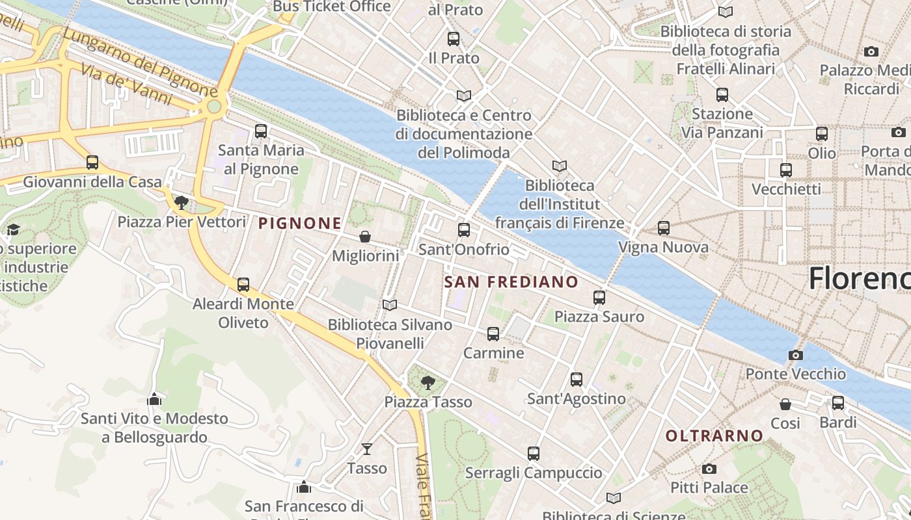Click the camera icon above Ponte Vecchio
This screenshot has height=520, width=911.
pos(795,355)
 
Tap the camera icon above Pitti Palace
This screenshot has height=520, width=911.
pos(709,469)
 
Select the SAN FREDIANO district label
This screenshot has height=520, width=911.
pos(511,281)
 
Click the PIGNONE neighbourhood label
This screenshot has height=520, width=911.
pos(299,224)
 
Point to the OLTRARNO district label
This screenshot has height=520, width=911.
pos(714,435)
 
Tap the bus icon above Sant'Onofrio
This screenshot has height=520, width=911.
pos(463,229)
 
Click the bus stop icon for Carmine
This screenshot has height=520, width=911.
pos(493,334)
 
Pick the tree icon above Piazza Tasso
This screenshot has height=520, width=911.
pos(428,383)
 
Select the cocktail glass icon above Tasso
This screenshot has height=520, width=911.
pos(367,449)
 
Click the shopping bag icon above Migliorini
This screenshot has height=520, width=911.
pos(365,237)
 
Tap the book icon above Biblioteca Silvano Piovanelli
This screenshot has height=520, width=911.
pos(390,305)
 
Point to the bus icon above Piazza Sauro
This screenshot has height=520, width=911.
pos(599,298)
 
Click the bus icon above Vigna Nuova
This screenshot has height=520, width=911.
pos(663,228)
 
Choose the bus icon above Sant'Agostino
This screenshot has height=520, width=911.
pos(576,380)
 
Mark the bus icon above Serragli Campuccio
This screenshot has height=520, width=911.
pos(534,454)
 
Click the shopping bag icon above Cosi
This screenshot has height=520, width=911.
pos(785,404)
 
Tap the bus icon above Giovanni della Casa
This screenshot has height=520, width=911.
pos(92,162)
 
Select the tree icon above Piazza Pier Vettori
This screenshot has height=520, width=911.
pos(182,203)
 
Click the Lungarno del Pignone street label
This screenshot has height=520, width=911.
pos(140,62)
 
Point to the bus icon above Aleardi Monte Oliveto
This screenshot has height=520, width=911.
pos(243,285)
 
